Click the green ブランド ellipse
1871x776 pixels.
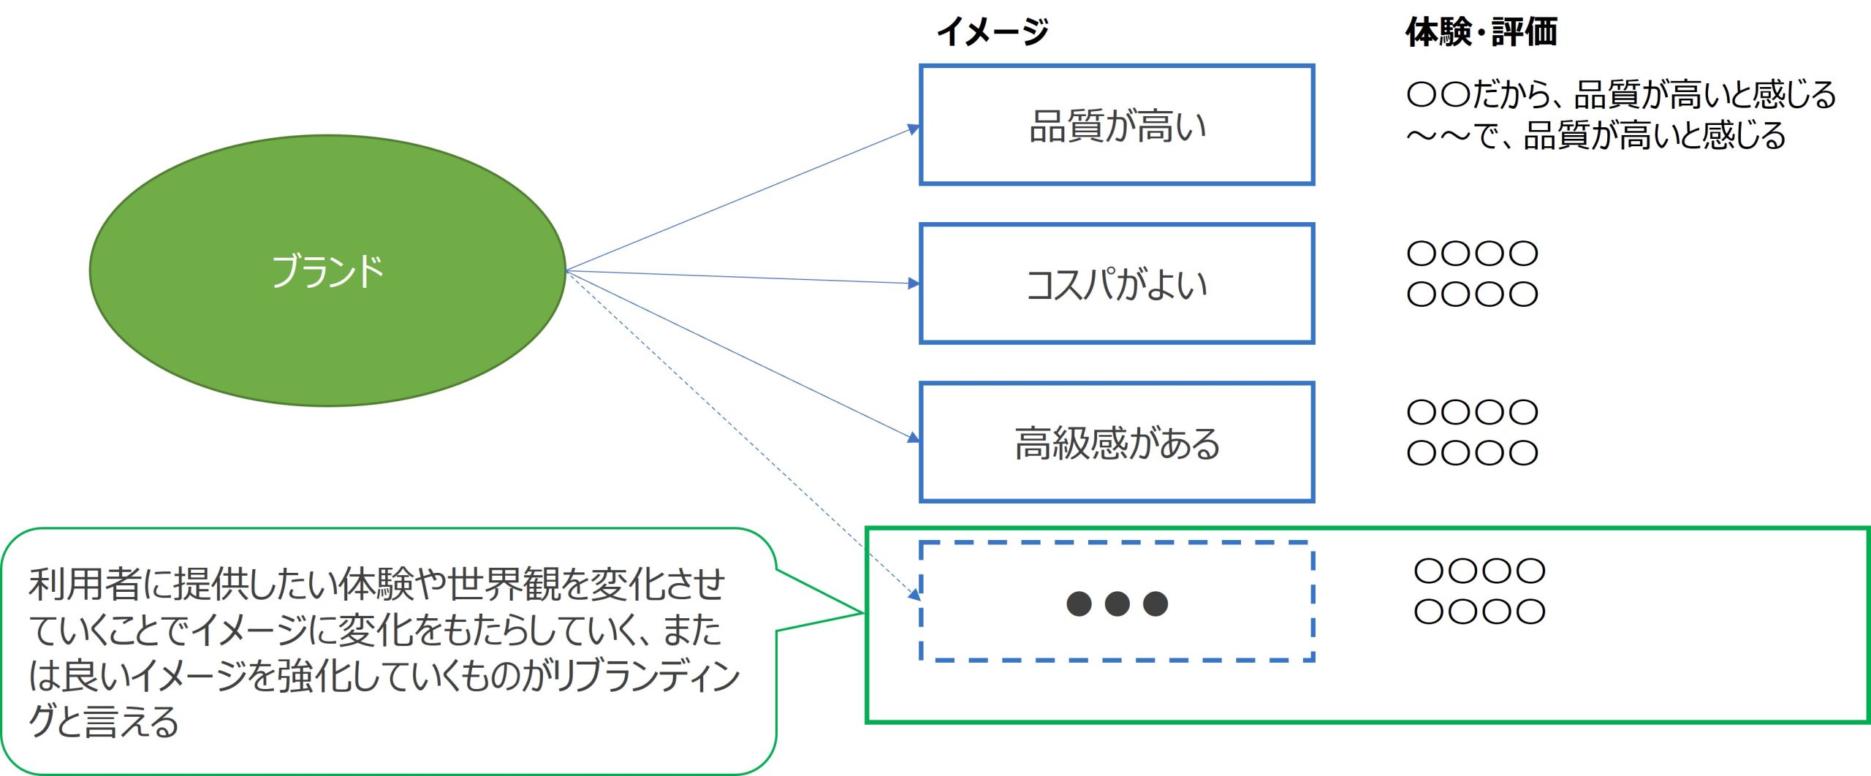pos(327,270)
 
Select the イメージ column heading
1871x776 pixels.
pos(993,32)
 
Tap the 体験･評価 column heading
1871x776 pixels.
pos(1481,32)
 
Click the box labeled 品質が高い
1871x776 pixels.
pos(1117,125)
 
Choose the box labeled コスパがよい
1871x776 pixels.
pos(1117,284)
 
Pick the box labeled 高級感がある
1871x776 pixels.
pos(1117,442)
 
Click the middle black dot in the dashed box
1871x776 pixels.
pos(1117,604)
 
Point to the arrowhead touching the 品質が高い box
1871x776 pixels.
pos(914,129)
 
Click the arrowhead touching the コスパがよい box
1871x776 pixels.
pos(914,283)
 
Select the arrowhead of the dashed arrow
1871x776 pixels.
pos(914,596)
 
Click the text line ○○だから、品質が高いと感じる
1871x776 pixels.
pos(1621,94)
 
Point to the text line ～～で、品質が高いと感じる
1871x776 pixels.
pos(1596,136)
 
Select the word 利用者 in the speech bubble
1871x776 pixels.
pos(85,585)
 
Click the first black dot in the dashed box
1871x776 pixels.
pos(1079,604)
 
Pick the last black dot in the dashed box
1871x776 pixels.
pos(1155,604)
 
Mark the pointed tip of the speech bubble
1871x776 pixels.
pos(864,613)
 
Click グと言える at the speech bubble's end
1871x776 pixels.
pos(103,722)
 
